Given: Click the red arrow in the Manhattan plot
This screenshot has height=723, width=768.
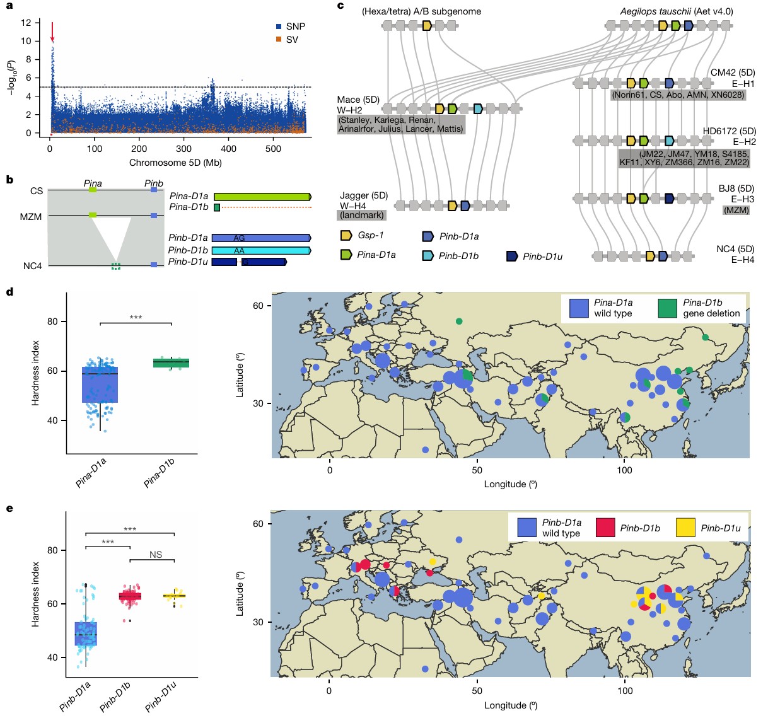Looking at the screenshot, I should click(x=52, y=32).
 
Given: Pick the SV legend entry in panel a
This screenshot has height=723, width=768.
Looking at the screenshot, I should click(x=287, y=40).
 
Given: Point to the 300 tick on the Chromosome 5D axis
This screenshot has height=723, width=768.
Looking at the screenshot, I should click(x=183, y=149).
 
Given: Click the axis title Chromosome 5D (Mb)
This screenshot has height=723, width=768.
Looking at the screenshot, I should click(x=175, y=163).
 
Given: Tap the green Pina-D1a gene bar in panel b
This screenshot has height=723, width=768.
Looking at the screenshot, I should click(x=262, y=197).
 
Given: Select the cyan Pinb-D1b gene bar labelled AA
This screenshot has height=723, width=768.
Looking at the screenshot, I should click(x=261, y=250).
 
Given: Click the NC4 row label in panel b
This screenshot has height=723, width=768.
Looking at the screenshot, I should click(x=33, y=266).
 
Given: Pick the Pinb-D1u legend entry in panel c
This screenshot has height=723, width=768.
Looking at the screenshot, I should click(x=534, y=257).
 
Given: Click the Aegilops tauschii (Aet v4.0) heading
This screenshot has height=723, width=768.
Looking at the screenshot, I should click(x=672, y=11).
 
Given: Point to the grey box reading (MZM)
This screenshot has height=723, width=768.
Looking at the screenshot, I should click(x=736, y=210).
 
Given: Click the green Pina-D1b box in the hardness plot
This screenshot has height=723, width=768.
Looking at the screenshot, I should click(x=172, y=362).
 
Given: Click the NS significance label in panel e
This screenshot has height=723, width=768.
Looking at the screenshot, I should click(x=156, y=555).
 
